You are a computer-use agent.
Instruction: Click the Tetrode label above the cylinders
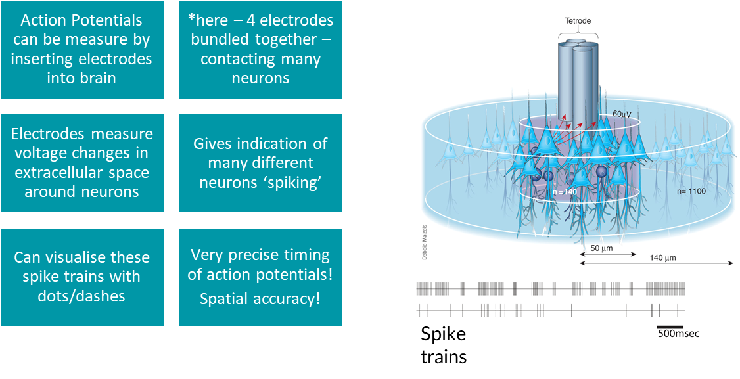(578, 21)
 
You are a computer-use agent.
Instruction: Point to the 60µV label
(622, 114)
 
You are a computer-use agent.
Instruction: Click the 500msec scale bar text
(679, 334)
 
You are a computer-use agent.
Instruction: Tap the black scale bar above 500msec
(670, 326)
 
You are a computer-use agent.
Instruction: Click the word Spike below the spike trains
(444, 334)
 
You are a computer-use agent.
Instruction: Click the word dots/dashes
(82, 296)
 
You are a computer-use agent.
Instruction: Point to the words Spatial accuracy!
(260, 299)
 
